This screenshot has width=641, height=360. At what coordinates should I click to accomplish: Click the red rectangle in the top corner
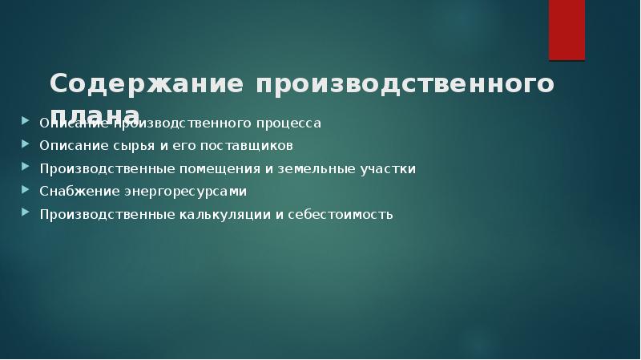click(x=566, y=30)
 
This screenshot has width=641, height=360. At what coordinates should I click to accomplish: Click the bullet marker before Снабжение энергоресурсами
click(x=23, y=191)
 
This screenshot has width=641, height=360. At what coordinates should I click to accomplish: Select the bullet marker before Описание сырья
click(x=23, y=145)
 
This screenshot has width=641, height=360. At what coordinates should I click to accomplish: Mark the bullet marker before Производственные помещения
click(x=23, y=168)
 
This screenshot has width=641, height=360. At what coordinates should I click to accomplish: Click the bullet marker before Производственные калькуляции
click(x=23, y=214)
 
